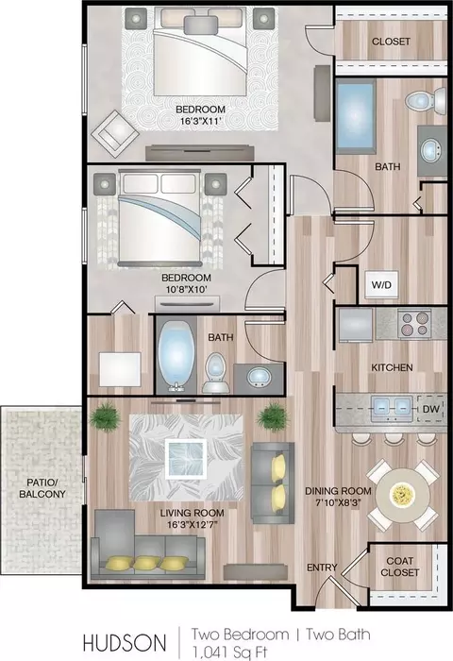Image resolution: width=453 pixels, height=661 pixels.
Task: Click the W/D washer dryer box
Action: [x=381, y=285]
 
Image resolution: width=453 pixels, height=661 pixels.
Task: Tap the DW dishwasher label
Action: [x=431, y=409]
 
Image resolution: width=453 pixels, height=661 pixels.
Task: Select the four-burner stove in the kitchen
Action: [x=414, y=324]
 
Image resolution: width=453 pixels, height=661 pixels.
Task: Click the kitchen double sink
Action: [x=392, y=408]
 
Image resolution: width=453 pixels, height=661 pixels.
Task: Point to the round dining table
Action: [x=403, y=495]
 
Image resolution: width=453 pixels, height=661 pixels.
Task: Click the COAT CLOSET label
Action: [x=399, y=567]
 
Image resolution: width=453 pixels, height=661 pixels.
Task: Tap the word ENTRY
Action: [x=322, y=568]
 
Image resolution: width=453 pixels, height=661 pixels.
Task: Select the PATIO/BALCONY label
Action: [x=42, y=488]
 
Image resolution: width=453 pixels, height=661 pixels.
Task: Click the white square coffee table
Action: [x=186, y=459]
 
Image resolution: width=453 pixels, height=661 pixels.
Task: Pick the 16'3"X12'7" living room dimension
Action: [x=193, y=524]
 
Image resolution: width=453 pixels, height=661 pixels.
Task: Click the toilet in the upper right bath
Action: [x=426, y=100]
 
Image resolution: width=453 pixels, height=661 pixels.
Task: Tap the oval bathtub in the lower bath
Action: [x=176, y=354]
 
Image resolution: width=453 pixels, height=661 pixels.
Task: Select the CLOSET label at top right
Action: [x=391, y=42]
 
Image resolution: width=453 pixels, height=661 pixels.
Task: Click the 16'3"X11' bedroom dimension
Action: [x=200, y=122]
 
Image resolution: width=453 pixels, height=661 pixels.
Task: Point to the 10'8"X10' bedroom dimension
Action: [x=186, y=289]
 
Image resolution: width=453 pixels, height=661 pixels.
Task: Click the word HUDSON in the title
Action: [x=125, y=643]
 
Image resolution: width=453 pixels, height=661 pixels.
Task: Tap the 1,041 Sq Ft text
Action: [x=229, y=653]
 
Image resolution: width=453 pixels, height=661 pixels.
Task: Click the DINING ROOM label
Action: [x=339, y=491]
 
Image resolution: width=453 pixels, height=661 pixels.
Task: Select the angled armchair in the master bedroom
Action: [x=115, y=134]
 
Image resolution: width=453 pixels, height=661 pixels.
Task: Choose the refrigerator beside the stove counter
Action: [x=356, y=325]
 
